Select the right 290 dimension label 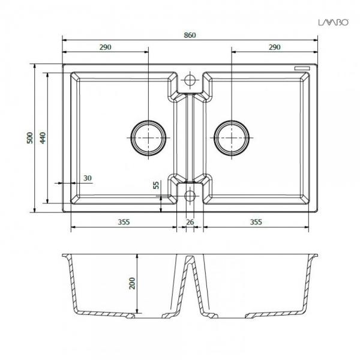[x=275, y=47]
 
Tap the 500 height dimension [x=29, y=137]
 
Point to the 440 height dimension [x=42, y=137]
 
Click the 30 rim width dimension [x=88, y=178]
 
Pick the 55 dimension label [x=157, y=185]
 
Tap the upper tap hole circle [x=190, y=79]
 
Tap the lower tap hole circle [x=190, y=195]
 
